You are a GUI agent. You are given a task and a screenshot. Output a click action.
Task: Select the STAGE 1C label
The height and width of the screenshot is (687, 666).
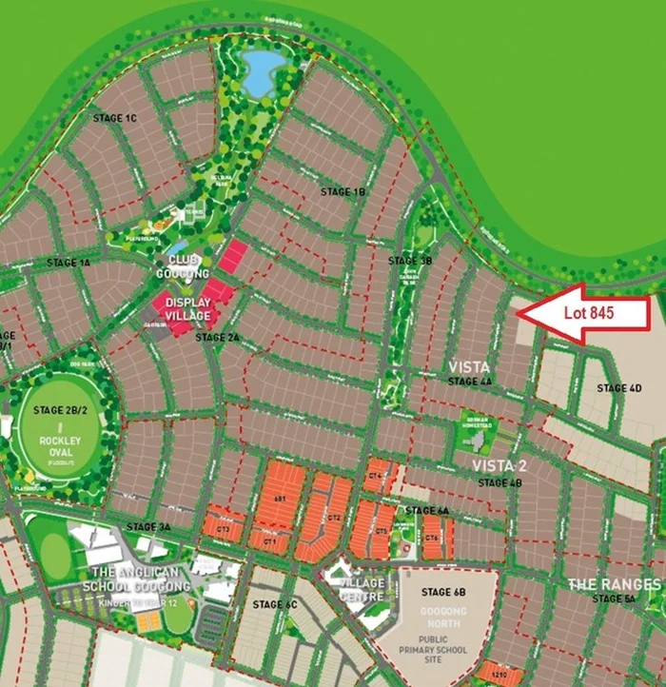pyautogui.click(x=116, y=118)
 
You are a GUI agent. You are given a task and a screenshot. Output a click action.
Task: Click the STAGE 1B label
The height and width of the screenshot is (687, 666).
pyautogui.click(x=343, y=191)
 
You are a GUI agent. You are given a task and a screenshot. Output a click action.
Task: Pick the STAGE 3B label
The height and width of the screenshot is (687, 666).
pyautogui.click(x=410, y=260)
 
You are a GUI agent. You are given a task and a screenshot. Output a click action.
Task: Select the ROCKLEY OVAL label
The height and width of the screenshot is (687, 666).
pyautogui.click(x=60, y=446)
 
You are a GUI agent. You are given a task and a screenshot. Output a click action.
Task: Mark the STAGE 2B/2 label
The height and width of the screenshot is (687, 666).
pyautogui.click(x=60, y=411)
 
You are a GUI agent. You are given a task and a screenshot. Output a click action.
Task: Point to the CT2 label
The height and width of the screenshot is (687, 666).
pyautogui.click(x=334, y=518)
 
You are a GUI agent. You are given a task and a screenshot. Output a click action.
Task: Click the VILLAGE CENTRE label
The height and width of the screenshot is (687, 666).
pyautogui.click(x=362, y=590)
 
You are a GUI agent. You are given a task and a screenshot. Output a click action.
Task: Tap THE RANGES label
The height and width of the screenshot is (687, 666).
pyautogui.click(x=614, y=583)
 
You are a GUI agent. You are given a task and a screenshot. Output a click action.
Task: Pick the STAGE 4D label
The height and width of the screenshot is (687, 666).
pyautogui.click(x=618, y=388)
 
